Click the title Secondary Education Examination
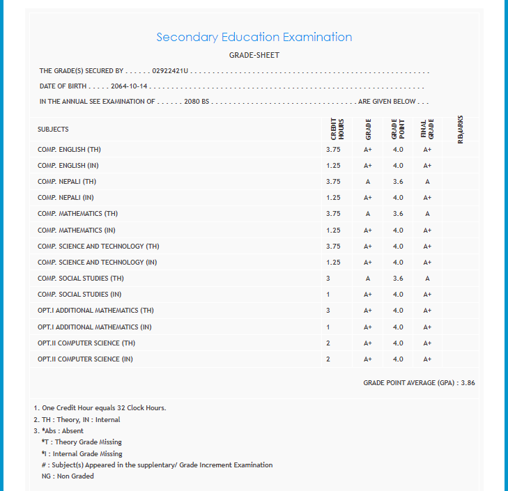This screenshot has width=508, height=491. [254, 37]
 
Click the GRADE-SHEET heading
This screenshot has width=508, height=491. [254, 55]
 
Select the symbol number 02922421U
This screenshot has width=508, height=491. [170, 71]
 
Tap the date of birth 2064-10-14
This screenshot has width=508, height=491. [129, 86]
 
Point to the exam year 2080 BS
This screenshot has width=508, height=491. [197, 102]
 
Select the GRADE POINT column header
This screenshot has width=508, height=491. [398, 129]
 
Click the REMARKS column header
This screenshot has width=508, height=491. [460, 129]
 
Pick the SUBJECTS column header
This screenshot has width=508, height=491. [53, 129]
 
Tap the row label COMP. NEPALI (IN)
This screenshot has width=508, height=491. [66, 198]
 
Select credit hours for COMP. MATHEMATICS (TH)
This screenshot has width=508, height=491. [333, 214]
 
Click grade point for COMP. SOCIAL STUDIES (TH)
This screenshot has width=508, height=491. [398, 279]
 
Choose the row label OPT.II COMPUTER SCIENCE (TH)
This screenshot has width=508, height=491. [86, 343]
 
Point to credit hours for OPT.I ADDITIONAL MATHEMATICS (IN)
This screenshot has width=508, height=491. [328, 327]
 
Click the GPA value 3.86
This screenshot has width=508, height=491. [468, 383]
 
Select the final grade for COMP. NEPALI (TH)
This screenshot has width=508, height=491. [427, 182]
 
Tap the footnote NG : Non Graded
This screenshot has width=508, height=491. [68, 476]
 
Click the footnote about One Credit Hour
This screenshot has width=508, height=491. [100, 408]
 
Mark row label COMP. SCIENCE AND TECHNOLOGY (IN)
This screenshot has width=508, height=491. [98, 263]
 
